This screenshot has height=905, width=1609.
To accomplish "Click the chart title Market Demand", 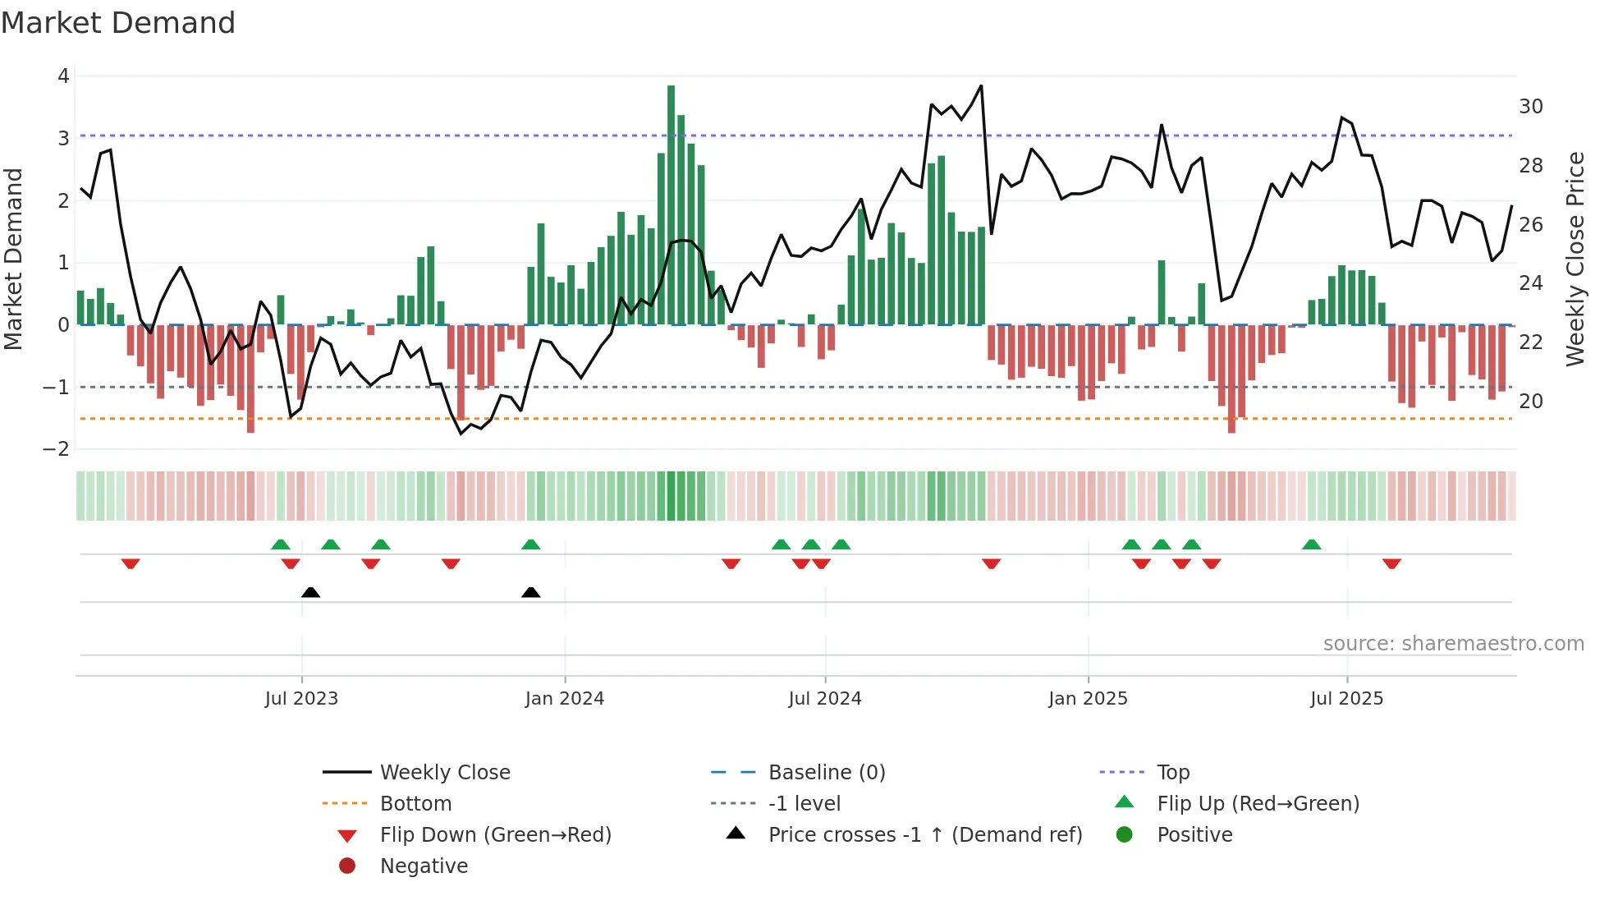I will [x=118, y=23].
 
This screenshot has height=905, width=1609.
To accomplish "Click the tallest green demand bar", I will [x=671, y=205].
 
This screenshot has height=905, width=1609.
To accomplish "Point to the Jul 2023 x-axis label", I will [x=301, y=699].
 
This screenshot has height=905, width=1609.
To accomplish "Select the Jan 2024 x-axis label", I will [x=565, y=699].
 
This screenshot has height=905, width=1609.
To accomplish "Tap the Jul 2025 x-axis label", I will [x=1346, y=699].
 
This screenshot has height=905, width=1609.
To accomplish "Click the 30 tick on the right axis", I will [x=1530, y=107].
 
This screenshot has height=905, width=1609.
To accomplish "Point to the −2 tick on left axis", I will [x=57, y=449].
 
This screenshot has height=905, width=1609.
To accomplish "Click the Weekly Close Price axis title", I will [x=1575, y=259].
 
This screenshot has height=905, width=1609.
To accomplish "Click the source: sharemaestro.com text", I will [x=1453, y=644].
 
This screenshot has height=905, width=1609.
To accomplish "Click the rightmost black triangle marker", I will [x=531, y=593].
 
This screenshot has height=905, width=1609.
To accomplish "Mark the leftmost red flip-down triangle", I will [x=131, y=563].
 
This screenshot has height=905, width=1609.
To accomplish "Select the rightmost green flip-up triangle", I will [x=1312, y=544].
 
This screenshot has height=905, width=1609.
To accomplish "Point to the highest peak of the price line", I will [x=981, y=86].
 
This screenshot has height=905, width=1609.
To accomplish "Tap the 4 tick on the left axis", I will [x=63, y=76].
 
